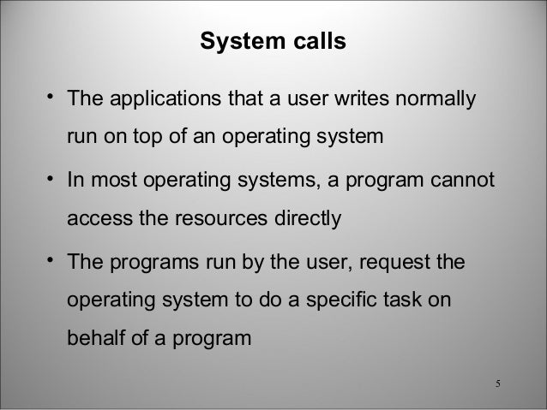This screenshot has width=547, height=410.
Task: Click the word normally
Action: (x=435, y=102)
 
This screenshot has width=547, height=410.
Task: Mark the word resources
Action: (x=208, y=217)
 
